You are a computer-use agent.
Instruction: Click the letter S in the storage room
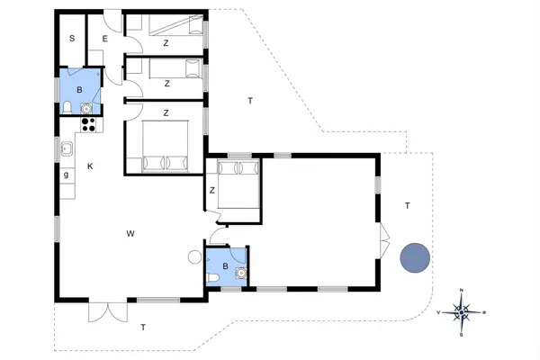(71, 39)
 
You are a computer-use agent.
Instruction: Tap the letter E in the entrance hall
(104, 39)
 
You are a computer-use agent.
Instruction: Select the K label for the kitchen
(90, 166)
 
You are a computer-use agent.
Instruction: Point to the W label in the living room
(130, 234)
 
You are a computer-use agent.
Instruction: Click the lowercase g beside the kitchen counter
(67, 175)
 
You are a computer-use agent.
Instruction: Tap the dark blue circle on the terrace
(415, 257)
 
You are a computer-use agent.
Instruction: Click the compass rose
(462, 312)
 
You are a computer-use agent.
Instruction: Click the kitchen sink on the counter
(67, 148)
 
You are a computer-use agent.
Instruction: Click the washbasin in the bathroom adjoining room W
(239, 273)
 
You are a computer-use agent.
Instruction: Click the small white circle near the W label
(193, 256)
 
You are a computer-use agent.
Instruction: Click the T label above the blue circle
(407, 206)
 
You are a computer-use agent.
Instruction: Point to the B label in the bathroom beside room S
(80, 90)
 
